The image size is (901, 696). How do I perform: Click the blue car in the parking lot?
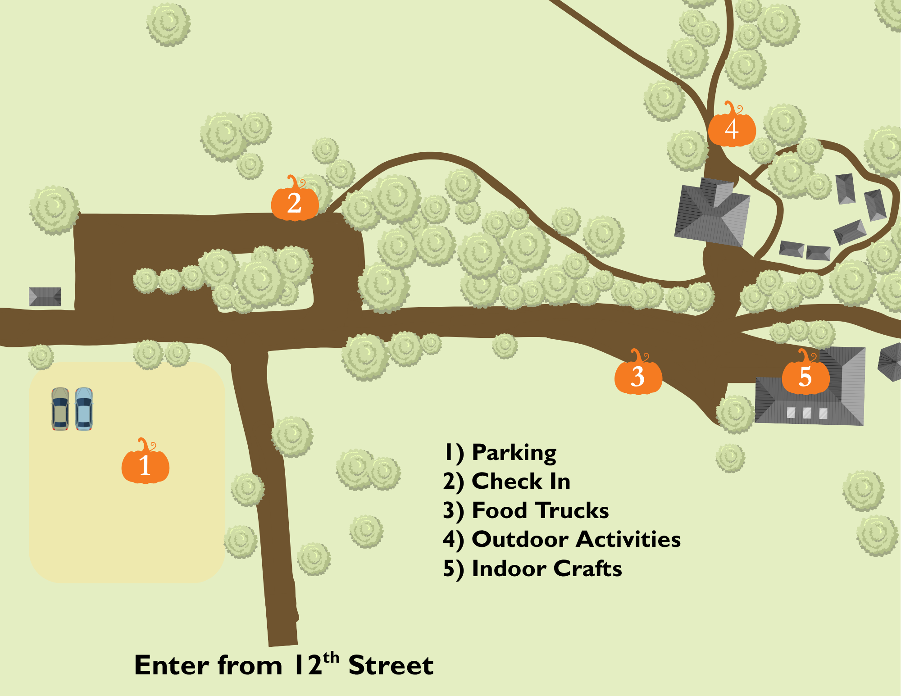(x=84, y=409)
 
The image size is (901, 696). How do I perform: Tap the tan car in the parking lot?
(x=60, y=409)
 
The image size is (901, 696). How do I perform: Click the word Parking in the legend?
(x=514, y=453)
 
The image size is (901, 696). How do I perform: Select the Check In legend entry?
(x=507, y=481)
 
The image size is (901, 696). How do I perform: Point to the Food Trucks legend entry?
(x=526, y=510)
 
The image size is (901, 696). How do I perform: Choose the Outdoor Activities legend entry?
(x=562, y=539)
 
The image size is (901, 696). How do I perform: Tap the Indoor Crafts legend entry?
(x=532, y=569)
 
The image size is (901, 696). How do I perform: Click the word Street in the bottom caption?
(x=391, y=665)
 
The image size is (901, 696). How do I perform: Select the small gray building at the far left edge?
(x=45, y=297)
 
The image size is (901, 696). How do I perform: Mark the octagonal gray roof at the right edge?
(x=891, y=361)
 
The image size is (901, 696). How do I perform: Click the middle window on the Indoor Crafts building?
(x=807, y=413)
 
